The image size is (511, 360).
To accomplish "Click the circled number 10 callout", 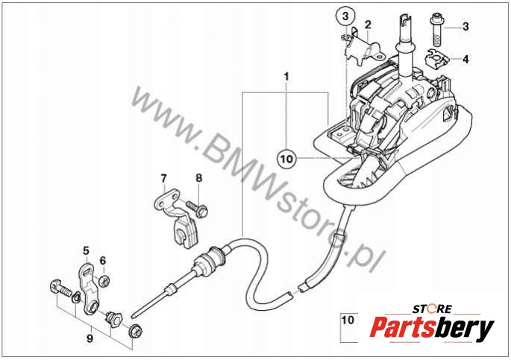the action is click(286, 159).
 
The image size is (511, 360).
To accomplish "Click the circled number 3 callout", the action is click(345, 16).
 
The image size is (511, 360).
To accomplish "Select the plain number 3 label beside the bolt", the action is click(465, 27).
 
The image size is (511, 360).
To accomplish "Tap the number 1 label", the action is click(286, 78).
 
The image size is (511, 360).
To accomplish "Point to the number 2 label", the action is click(368, 25).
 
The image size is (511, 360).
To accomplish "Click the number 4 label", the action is click(466, 60).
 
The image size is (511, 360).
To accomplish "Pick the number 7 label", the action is click(163, 178).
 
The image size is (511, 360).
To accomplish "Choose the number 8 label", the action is click(198, 178).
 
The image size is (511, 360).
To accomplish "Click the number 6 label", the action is click(103, 260).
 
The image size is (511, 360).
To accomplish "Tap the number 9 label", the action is click(90, 339).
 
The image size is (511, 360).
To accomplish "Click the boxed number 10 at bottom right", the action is click(348, 320).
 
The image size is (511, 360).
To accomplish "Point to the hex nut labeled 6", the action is click(104, 280).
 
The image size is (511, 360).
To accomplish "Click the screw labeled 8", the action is click(197, 209).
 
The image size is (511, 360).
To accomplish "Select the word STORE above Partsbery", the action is click(432, 309).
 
